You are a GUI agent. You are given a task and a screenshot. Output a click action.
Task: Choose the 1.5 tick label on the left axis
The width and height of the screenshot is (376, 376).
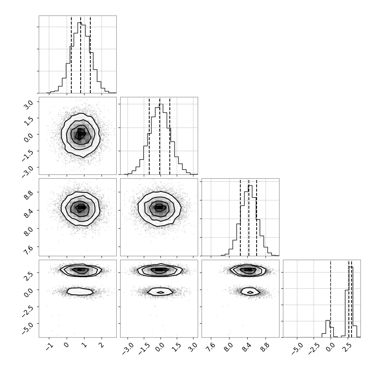coord(29,119)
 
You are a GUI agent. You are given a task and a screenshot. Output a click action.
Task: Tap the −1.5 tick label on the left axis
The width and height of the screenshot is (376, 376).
coord(27,153)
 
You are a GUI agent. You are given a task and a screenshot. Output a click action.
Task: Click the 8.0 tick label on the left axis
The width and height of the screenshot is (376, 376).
coord(29,230)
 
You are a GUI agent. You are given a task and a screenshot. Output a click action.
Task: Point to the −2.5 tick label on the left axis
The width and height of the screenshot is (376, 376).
coord(27,309)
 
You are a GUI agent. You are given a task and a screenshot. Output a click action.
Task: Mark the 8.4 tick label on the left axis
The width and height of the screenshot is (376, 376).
coord(29,212)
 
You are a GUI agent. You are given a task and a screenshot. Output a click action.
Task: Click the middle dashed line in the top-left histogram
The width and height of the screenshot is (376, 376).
coord(81,55)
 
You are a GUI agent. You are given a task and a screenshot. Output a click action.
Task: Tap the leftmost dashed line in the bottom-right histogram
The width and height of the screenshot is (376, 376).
coord(330,299)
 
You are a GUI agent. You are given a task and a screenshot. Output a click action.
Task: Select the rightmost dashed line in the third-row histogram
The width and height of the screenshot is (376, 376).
coord(257,218)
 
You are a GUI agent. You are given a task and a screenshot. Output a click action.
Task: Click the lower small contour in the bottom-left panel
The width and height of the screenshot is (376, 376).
coord(80,291)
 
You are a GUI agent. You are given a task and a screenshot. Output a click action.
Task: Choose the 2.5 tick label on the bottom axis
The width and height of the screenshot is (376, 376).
coord(347,347)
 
